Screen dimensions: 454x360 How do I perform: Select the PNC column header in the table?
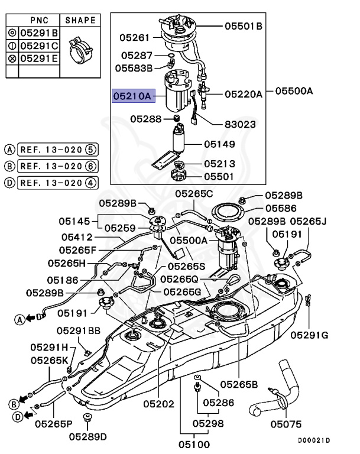(x=39, y=20)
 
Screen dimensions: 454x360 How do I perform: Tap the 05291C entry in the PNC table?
(x=39, y=46)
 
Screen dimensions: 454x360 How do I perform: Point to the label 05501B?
(x=243, y=26)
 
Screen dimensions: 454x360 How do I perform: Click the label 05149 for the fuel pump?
(x=219, y=144)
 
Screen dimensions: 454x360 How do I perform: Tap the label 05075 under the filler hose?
(x=286, y=424)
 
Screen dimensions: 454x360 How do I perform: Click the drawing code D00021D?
(x=314, y=440)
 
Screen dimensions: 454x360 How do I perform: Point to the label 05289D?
(x=87, y=437)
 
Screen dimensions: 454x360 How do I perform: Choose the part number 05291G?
(x=309, y=335)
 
